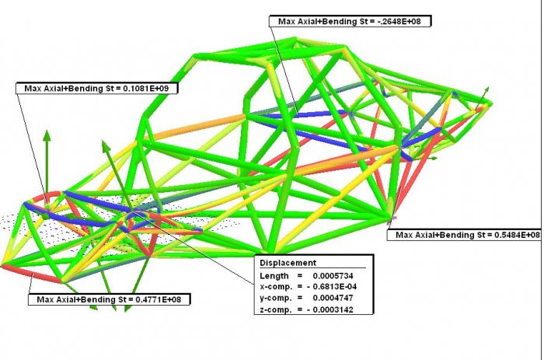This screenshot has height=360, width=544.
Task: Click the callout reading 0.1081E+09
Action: pyautogui.click(x=97, y=88)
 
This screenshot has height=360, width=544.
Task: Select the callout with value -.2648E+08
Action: pyautogui.click(x=350, y=21)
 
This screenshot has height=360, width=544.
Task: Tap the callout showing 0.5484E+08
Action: pyautogui.click(x=465, y=235)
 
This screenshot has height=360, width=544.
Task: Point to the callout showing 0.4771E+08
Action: pyautogui.click(x=109, y=299)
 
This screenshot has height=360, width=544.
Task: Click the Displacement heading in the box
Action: pyautogui.click(x=288, y=263)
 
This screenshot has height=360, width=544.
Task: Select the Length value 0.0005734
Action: pyautogui.click(x=333, y=276)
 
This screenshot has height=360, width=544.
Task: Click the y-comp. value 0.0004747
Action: pyautogui.click(x=333, y=298)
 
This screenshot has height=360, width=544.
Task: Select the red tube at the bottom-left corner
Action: pyautogui.click(x=32, y=274)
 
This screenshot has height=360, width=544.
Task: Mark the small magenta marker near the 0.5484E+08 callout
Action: pyautogui.click(x=392, y=218)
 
